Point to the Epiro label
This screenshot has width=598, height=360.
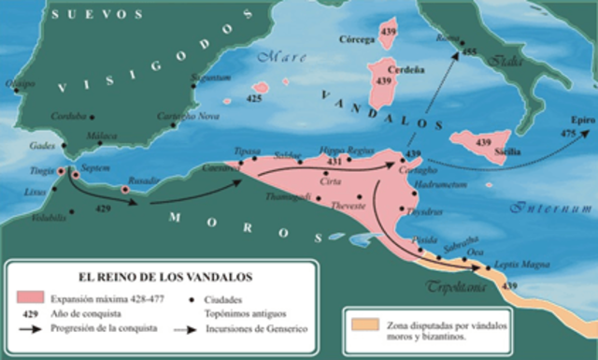tap(571, 121)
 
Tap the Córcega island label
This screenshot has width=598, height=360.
tap(360, 41)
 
